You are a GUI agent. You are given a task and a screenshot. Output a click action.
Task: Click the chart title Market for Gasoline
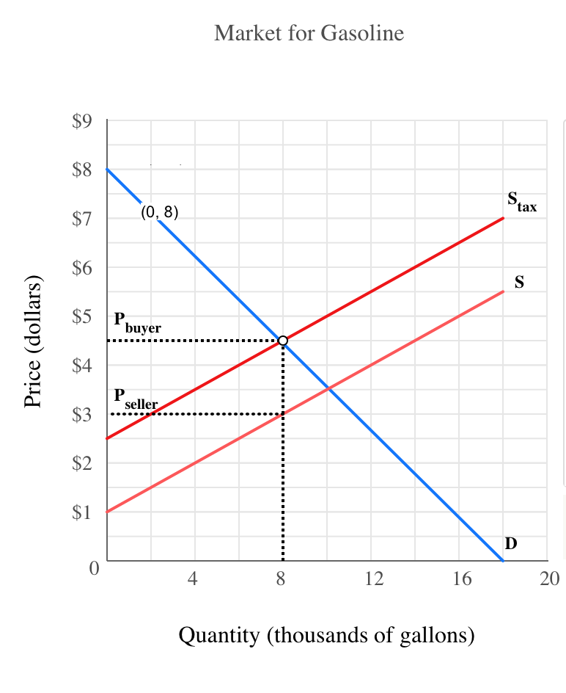point(309,33)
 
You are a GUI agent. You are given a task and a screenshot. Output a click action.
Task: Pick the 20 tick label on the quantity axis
point(549,580)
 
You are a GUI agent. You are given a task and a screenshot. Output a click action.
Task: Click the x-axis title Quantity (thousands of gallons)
point(326,634)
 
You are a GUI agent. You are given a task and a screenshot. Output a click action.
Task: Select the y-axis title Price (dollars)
point(33,341)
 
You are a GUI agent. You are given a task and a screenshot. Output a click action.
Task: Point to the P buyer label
point(137,322)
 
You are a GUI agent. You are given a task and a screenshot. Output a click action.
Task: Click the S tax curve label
point(521,202)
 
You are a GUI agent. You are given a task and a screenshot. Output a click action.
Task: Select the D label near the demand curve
point(511,543)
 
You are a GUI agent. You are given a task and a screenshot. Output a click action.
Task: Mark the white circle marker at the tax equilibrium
point(283,341)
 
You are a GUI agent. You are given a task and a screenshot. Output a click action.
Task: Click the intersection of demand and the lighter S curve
point(327,389)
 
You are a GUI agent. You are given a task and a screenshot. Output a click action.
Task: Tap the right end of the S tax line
point(503,218)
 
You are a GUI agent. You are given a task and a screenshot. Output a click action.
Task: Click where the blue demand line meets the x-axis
point(503,561)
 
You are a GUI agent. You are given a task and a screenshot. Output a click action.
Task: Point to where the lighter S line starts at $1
point(108,512)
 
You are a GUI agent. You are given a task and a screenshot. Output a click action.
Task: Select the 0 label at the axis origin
point(94,568)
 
